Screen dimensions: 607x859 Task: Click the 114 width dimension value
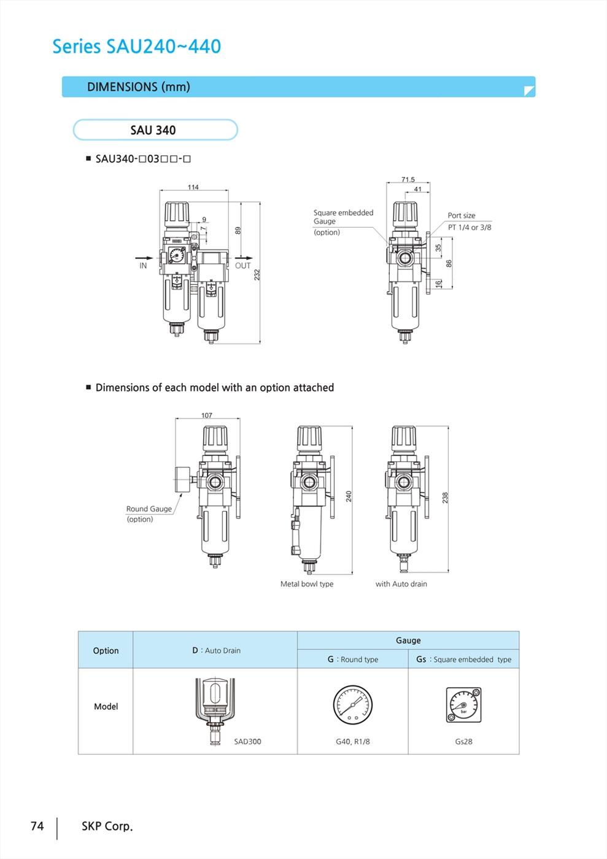click(x=193, y=187)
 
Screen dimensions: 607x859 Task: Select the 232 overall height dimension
click(x=257, y=275)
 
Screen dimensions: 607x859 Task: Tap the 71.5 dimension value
click(x=408, y=179)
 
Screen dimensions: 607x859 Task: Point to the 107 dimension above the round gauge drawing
click(x=207, y=415)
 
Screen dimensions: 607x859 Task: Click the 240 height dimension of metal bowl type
click(x=349, y=496)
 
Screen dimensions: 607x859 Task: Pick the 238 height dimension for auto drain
click(x=445, y=498)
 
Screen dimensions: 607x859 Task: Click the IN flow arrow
click(x=144, y=258)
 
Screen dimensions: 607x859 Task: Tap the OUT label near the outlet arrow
click(x=243, y=266)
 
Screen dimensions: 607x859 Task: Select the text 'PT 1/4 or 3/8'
click(x=470, y=228)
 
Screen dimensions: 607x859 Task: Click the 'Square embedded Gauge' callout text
click(x=344, y=217)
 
